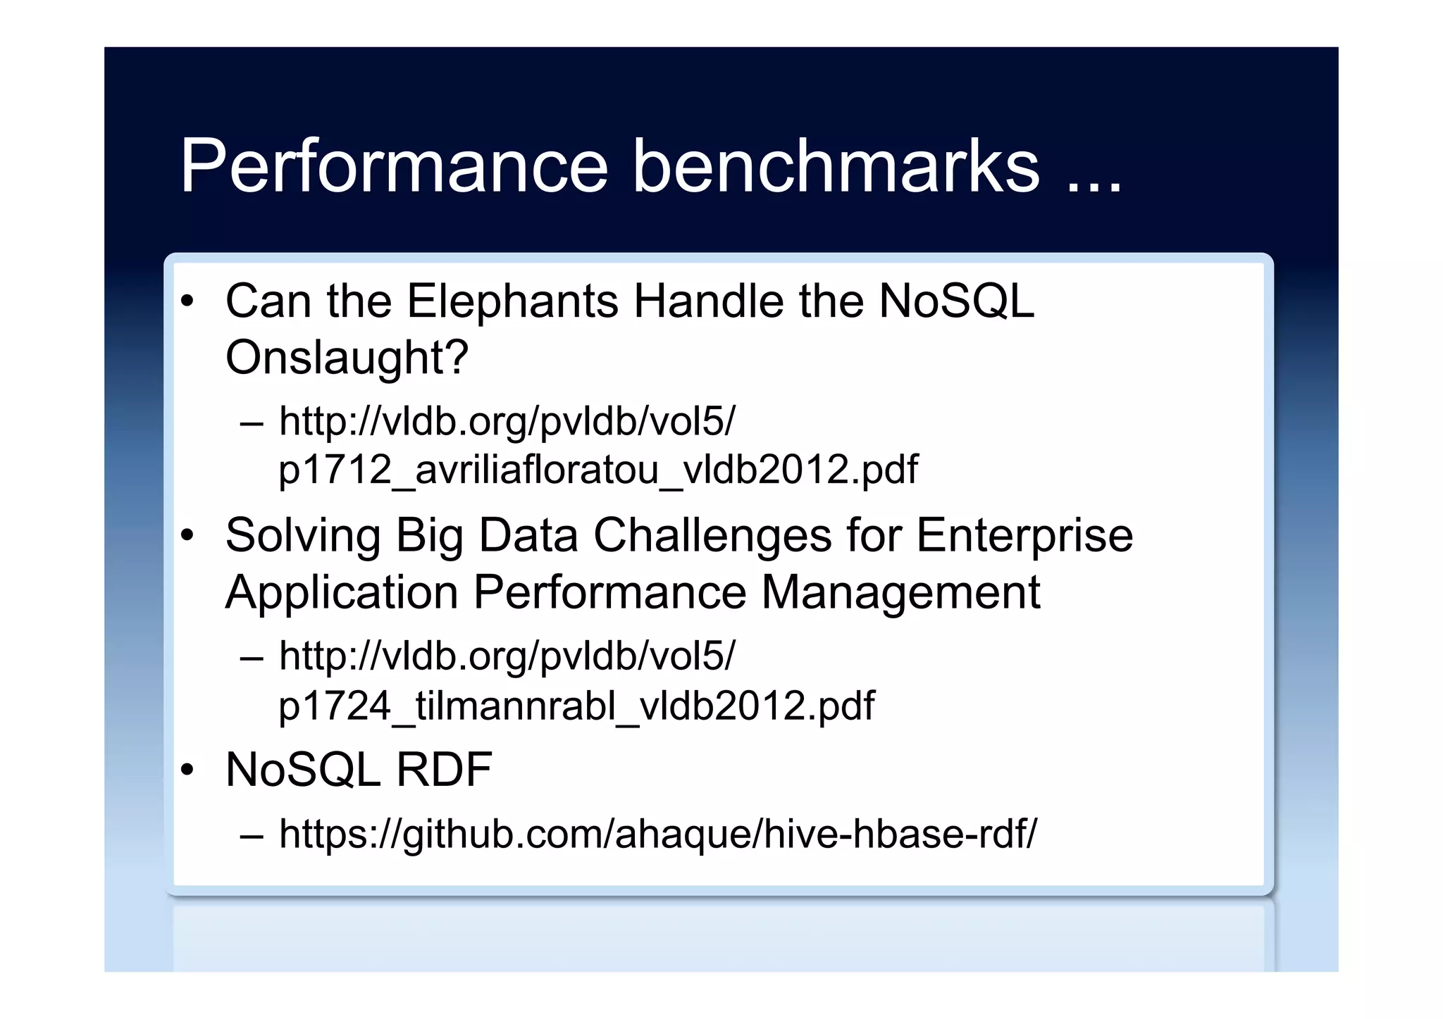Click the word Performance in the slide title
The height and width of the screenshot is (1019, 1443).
(x=393, y=166)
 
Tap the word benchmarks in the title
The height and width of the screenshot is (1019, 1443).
(x=836, y=166)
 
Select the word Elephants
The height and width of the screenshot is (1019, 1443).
(x=512, y=301)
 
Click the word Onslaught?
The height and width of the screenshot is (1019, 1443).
(x=347, y=358)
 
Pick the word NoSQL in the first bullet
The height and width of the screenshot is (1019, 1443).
(x=956, y=301)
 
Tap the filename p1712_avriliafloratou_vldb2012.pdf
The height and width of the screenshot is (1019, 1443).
(x=597, y=470)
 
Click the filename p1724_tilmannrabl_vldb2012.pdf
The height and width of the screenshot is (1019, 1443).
(x=576, y=706)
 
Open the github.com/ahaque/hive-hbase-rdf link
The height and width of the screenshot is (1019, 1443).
(x=657, y=834)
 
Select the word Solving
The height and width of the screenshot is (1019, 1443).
(x=302, y=536)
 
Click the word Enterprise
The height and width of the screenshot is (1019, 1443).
(x=1024, y=536)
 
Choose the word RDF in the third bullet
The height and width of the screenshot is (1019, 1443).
(x=443, y=770)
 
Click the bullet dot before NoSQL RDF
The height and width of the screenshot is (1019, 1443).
(x=187, y=770)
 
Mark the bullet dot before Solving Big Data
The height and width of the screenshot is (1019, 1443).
(x=187, y=536)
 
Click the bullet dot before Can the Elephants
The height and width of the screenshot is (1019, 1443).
(x=187, y=302)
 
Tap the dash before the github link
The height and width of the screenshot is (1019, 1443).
(x=252, y=835)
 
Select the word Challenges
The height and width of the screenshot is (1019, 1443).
(x=712, y=536)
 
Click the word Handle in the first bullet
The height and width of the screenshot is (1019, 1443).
(x=708, y=301)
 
